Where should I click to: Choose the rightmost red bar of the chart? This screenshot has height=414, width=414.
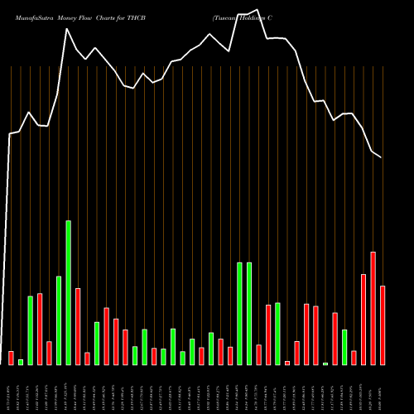383,325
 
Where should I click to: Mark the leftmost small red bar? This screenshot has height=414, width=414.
12,358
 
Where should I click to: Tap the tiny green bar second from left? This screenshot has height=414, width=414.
21,362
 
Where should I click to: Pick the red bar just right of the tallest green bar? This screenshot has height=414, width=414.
78,326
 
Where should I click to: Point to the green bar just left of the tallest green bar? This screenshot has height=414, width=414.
59,320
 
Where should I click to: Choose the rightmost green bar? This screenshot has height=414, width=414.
344,347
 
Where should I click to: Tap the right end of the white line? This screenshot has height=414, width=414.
382,157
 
